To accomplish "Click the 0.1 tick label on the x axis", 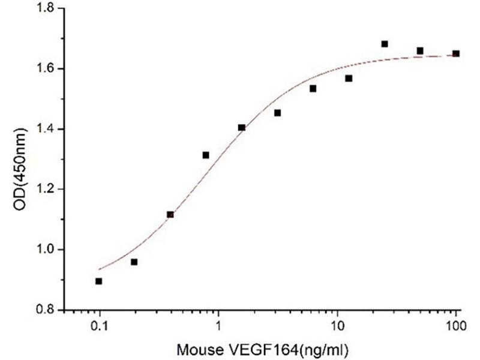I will (99, 327).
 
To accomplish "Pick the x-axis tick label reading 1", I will (218, 327).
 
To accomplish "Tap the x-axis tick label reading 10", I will (337, 327).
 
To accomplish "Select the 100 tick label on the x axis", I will (456, 327).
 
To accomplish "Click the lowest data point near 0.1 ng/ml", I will (99, 281).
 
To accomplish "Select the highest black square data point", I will (385, 44).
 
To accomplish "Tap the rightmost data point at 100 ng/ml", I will (456, 53).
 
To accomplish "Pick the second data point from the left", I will (134, 262).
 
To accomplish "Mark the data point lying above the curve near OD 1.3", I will (206, 155).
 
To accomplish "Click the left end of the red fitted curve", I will (99, 269).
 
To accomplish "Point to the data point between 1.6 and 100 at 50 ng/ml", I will (420, 50).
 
